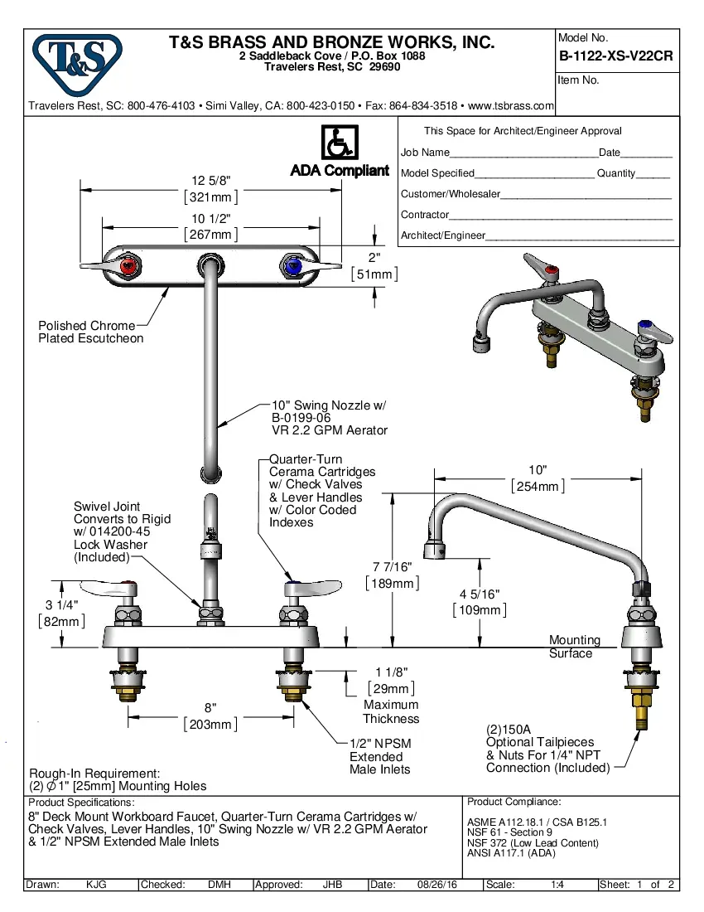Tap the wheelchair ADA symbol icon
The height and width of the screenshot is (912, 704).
pyautogui.click(x=339, y=143)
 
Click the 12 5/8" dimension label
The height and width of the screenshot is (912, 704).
pyautogui.click(x=210, y=188)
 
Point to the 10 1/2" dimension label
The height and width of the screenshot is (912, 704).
pyautogui.click(x=210, y=226)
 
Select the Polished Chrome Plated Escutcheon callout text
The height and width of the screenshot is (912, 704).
pyautogui.click(x=91, y=332)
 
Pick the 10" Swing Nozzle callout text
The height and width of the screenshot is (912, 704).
pyautogui.click(x=329, y=418)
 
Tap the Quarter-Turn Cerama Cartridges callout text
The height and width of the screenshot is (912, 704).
pyautogui.click(x=321, y=491)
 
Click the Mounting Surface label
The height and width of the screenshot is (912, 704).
pyautogui.click(x=574, y=647)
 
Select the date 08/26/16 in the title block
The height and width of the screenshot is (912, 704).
pyautogui.click(x=438, y=885)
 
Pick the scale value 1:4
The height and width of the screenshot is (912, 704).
pyautogui.click(x=557, y=885)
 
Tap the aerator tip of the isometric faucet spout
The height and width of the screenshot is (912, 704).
pyautogui.click(x=479, y=342)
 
